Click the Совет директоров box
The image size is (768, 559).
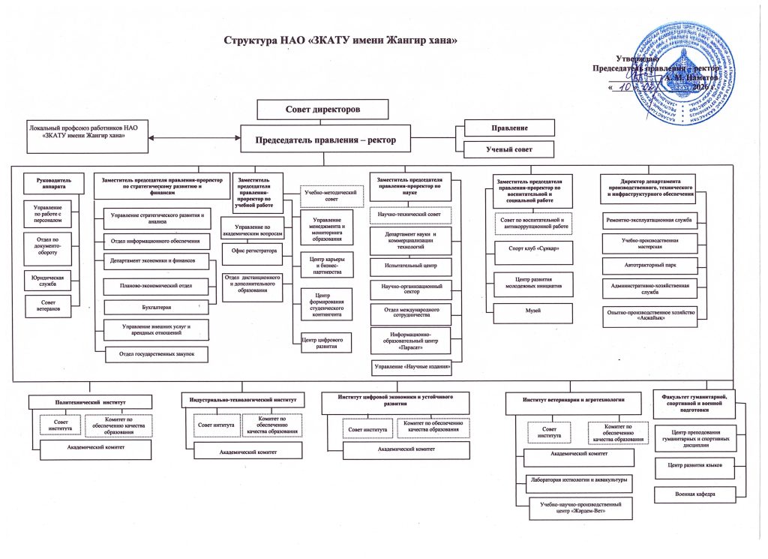(x=323, y=110)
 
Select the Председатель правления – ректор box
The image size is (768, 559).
(x=325, y=139)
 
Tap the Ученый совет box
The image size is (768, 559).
(x=509, y=150)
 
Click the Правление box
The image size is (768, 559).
(x=509, y=128)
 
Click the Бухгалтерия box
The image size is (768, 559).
(x=155, y=307)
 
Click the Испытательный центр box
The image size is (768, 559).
(x=411, y=266)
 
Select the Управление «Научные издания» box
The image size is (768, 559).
(x=412, y=368)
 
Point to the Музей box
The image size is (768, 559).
(x=533, y=311)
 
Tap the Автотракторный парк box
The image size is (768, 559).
(x=649, y=266)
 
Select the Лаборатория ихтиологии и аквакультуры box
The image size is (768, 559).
(x=577, y=479)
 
